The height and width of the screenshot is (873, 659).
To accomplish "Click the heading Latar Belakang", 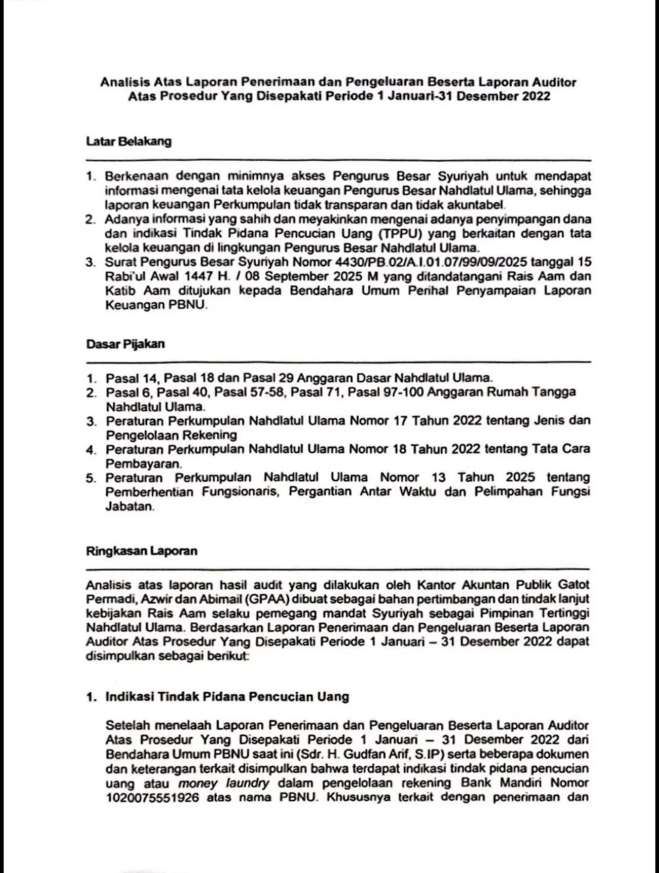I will tap(129, 142).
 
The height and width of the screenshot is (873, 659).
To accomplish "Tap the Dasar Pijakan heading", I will tap(125, 344).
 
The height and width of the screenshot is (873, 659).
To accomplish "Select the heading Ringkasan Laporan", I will tap(142, 551).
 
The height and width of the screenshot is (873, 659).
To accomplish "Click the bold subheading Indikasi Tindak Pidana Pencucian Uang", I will tap(227, 697).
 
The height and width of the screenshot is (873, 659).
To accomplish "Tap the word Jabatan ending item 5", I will tap(129, 507).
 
